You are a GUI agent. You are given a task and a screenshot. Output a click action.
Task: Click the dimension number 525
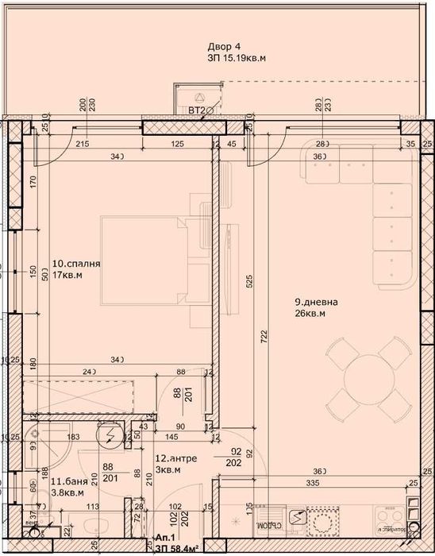(x=248, y=280)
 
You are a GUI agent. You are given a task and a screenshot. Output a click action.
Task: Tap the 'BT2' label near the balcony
(x=195, y=111)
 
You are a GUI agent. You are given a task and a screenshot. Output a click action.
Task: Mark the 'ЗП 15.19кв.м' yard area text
(x=237, y=58)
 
